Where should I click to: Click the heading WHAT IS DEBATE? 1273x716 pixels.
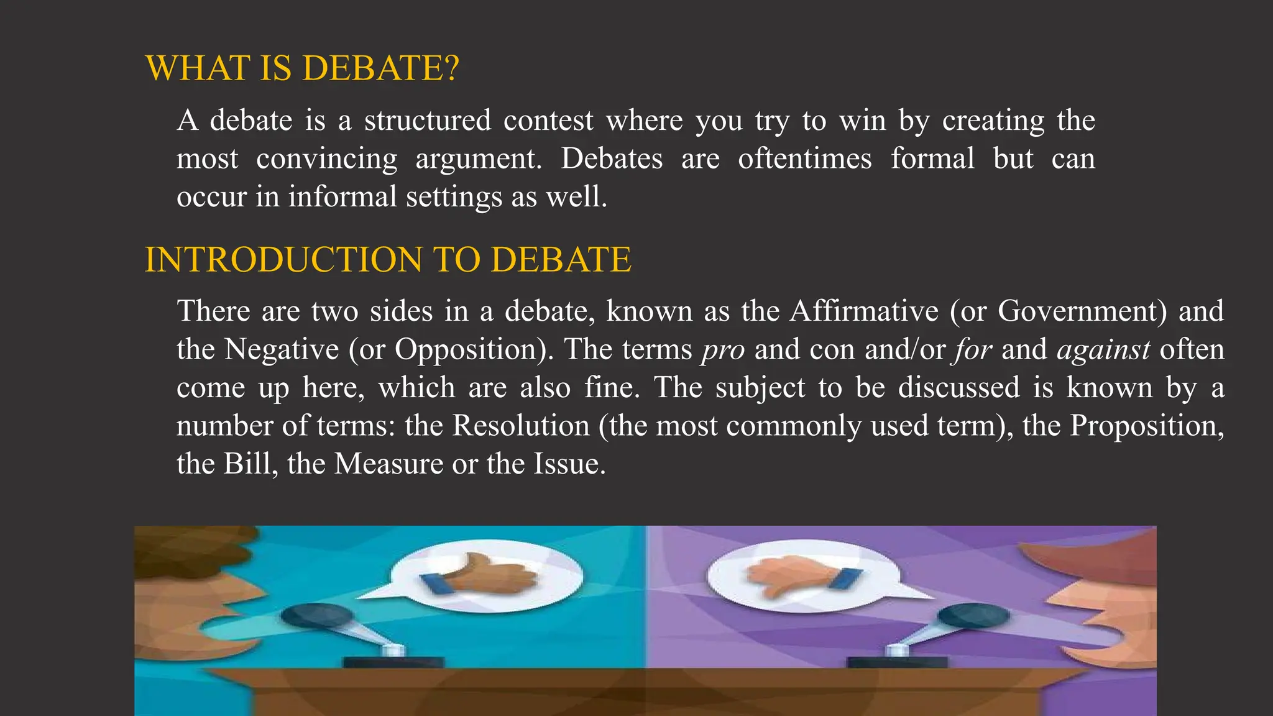[x=302, y=68]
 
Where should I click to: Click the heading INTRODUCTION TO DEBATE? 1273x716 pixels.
[x=388, y=260]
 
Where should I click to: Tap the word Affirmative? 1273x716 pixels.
[x=864, y=311]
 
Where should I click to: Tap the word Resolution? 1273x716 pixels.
[x=521, y=426]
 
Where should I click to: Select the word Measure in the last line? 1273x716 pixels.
[x=388, y=464]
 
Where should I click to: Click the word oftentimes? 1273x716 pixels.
[x=804, y=158]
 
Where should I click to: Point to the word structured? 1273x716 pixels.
[x=428, y=120]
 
